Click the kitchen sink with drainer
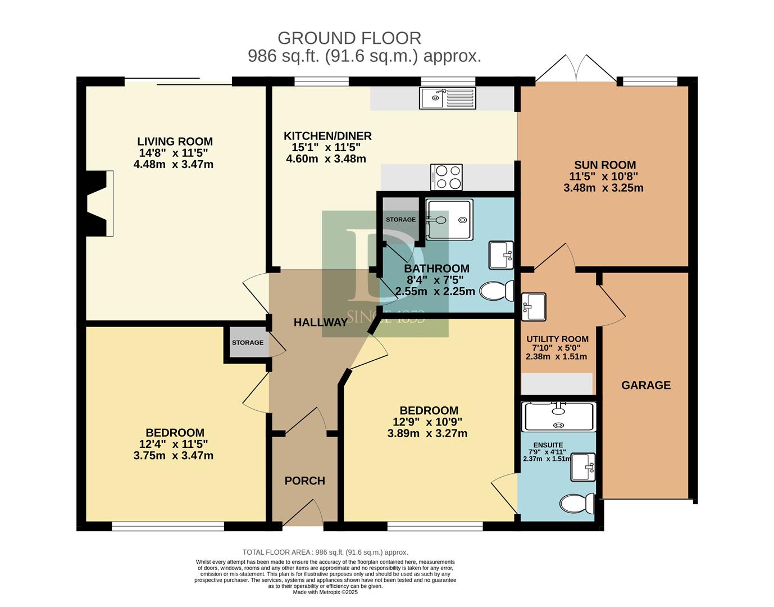coord(447,98)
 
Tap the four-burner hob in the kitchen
coord(447,177)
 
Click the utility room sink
coord(534,306)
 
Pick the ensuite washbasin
coord(583,467)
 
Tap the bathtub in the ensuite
coord(558,416)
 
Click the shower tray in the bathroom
coord(449,219)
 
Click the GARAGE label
coord(646,386)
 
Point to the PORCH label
coord(305,481)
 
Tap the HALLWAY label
coord(321,323)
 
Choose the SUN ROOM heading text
coord(605,165)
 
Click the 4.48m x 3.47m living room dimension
coord(174,165)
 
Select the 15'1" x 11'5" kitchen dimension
coord(326,147)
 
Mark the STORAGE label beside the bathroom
coord(400,220)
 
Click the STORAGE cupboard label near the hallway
coord(248,342)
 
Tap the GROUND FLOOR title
coord(349,38)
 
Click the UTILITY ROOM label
coord(557,339)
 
